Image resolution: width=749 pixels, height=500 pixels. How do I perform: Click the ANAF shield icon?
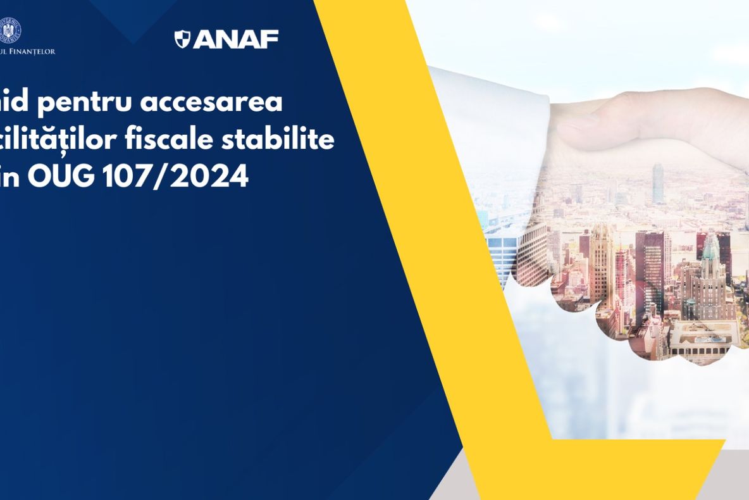(182, 39)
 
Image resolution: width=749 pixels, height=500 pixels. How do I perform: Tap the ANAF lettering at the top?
(235, 39)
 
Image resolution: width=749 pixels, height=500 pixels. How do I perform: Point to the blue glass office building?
(503, 253)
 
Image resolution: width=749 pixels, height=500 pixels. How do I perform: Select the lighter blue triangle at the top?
(133, 19)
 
